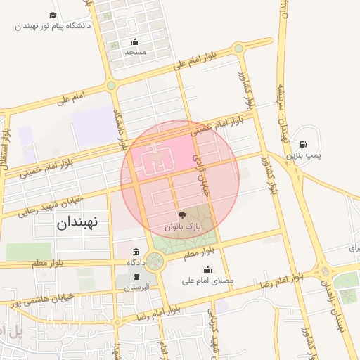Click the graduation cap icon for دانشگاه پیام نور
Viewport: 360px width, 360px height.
53,15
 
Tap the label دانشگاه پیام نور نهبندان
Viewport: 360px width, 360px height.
53,26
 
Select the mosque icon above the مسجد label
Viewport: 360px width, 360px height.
135,41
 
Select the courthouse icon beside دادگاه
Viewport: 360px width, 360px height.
136,252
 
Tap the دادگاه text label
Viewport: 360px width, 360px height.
136,262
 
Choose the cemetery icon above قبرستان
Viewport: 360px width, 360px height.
136,276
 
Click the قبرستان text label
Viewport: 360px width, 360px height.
136,288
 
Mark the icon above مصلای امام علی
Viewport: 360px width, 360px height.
207,269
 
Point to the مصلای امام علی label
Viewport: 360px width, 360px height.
207,281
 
